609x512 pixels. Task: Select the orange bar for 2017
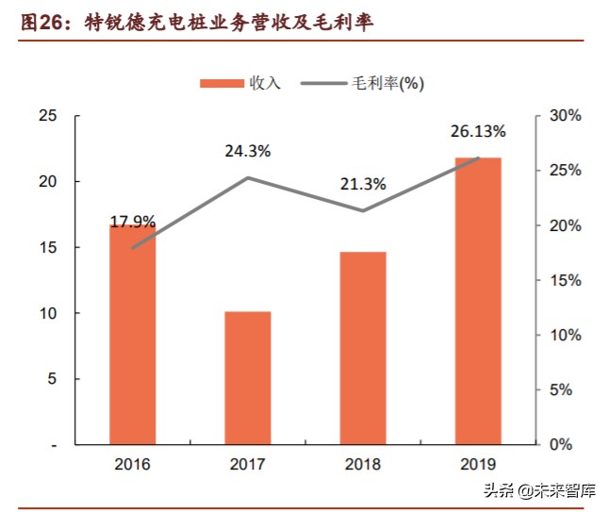click(248, 377)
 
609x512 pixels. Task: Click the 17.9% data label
click(133, 223)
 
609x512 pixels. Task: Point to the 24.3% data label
click(248, 151)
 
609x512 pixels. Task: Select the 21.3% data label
click(363, 185)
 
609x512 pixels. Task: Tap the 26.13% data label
click(478, 131)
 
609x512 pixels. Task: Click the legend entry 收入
click(240, 83)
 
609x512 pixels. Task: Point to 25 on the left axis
click(47, 116)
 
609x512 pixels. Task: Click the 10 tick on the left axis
click(47, 313)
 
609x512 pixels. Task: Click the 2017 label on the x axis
click(248, 465)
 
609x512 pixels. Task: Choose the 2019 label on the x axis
click(478, 465)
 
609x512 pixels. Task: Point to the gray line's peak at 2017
click(248, 177)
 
